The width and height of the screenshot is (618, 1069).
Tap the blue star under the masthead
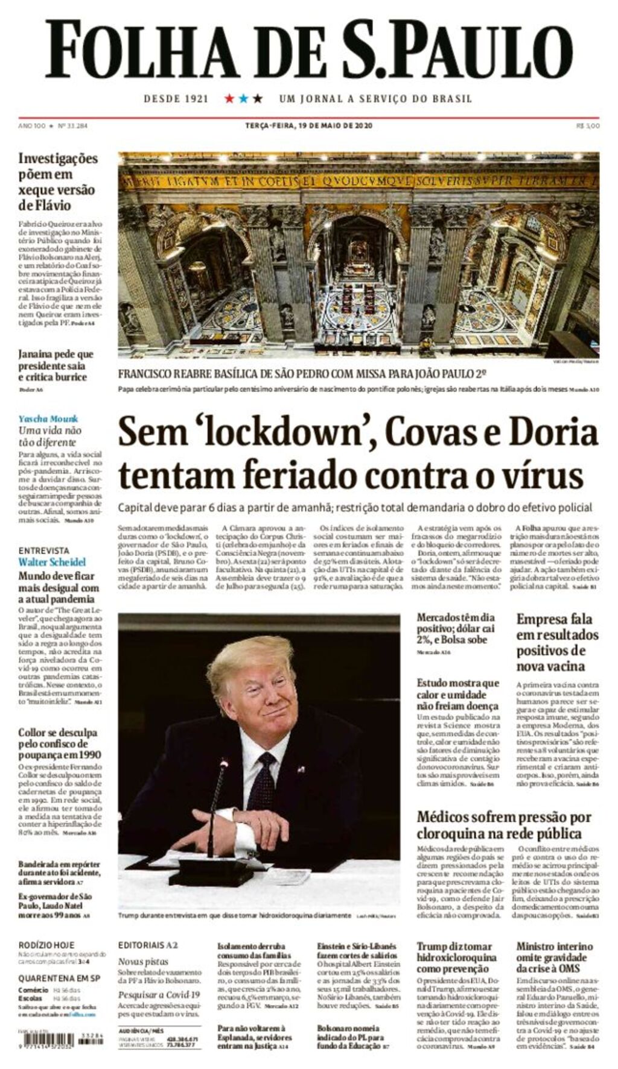(243, 98)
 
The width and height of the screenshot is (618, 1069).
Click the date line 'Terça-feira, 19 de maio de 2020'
(308, 125)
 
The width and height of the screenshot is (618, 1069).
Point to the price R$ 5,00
(588, 126)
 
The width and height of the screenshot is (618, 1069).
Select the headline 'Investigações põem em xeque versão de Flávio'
(57, 181)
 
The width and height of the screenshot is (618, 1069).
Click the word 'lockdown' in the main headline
(253, 432)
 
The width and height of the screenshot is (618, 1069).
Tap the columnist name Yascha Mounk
(48, 418)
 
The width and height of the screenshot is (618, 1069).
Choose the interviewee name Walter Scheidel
(52, 562)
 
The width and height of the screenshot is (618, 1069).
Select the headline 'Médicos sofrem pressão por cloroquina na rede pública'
(503, 825)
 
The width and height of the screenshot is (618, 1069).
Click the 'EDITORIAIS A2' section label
(148, 945)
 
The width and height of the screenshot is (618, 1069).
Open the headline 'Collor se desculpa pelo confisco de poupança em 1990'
(59, 743)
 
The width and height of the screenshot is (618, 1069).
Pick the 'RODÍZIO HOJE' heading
(46, 945)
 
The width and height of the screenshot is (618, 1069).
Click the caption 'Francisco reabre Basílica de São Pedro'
(302, 374)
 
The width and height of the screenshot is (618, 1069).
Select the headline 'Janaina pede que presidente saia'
(56, 365)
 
